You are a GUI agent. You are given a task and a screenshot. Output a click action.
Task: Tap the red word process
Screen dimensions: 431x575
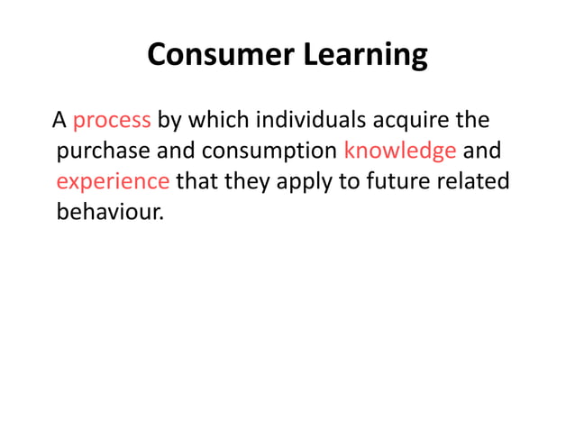[x=111, y=120]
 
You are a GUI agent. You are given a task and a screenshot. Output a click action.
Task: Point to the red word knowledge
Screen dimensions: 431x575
[x=399, y=151]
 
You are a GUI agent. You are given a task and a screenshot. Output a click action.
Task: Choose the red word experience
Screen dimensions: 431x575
[x=113, y=182]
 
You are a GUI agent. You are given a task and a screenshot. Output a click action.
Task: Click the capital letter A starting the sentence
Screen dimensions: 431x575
[x=59, y=120]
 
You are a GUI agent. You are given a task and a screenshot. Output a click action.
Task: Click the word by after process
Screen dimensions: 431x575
[x=169, y=121]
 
